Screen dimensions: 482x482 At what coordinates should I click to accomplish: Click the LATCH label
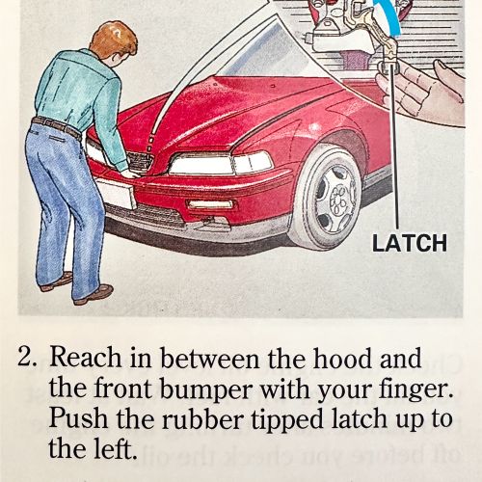[x=410, y=243]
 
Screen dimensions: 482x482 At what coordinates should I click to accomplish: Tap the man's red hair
[x=113, y=40]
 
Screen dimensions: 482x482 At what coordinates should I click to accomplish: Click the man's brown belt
[x=57, y=127]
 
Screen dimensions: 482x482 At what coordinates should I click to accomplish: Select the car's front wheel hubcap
[x=336, y=198]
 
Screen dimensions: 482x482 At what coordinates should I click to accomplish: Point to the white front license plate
[x=117, y=194]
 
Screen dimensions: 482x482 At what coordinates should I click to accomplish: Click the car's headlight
[x=221, y=163]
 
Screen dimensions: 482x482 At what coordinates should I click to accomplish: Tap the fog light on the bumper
[x=211, y=204]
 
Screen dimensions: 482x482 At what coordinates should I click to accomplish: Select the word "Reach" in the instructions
[x=86, y=358]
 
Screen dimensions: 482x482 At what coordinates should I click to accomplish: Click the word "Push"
[x=78, y=419]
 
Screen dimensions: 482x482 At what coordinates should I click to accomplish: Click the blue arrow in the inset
[x=389, y=16]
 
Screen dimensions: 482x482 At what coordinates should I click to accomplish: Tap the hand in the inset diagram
[x=424, y=90]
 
